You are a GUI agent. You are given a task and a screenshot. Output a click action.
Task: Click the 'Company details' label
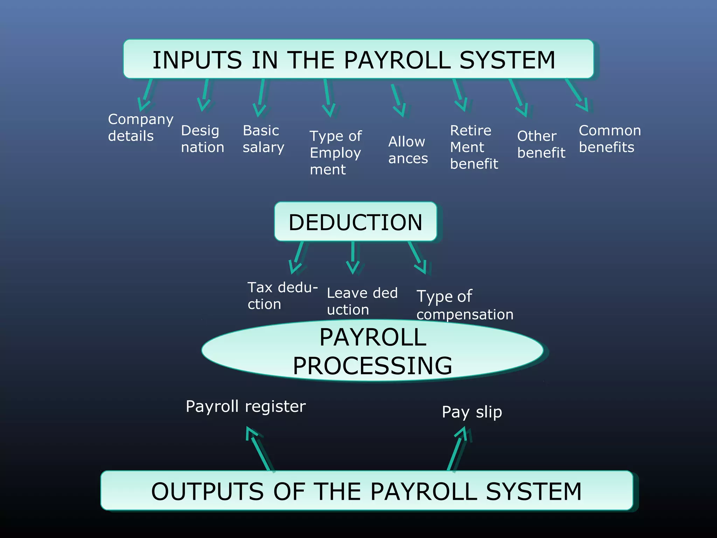coord(140,127)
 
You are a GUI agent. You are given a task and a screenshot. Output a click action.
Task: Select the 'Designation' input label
coord(202,139)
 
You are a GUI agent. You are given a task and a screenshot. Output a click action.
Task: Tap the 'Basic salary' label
coord(263,139)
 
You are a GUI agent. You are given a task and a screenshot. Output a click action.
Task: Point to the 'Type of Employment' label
coord(335,153)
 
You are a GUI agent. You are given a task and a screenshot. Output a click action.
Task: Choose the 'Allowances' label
coord(408,150)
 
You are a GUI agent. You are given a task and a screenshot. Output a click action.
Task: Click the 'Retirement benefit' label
coord(474,147)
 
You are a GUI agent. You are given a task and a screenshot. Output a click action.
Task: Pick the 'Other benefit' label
coord(541,144)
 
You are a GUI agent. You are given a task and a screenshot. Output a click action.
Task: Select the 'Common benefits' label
coord(610,139)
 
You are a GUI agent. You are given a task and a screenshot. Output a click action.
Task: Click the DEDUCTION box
coord(355,222)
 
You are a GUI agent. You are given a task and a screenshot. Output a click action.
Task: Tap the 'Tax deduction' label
coord(282,296)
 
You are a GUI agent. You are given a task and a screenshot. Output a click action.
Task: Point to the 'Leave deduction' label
coord(362,301)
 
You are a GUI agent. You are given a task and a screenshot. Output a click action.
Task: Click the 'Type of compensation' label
coord(465,305)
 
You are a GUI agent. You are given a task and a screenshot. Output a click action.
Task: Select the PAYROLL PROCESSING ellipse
coord(373,351)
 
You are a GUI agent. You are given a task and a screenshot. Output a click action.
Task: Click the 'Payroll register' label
coord(245,406)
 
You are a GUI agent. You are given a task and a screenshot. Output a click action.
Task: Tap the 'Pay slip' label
coord(472,412)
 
